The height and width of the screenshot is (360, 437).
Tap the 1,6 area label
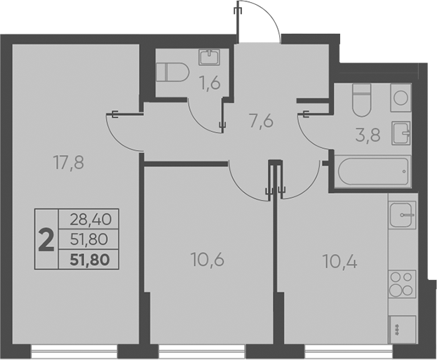[210, 84]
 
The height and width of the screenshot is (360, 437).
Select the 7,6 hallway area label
[261, 121]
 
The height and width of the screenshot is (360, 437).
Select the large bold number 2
[46, 241]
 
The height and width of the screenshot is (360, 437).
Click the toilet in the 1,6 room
[170, 71]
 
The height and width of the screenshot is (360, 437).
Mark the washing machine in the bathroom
[401, 98]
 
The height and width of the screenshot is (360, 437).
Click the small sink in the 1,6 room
[210, 56]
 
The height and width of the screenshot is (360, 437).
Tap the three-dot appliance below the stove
[401, 326]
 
